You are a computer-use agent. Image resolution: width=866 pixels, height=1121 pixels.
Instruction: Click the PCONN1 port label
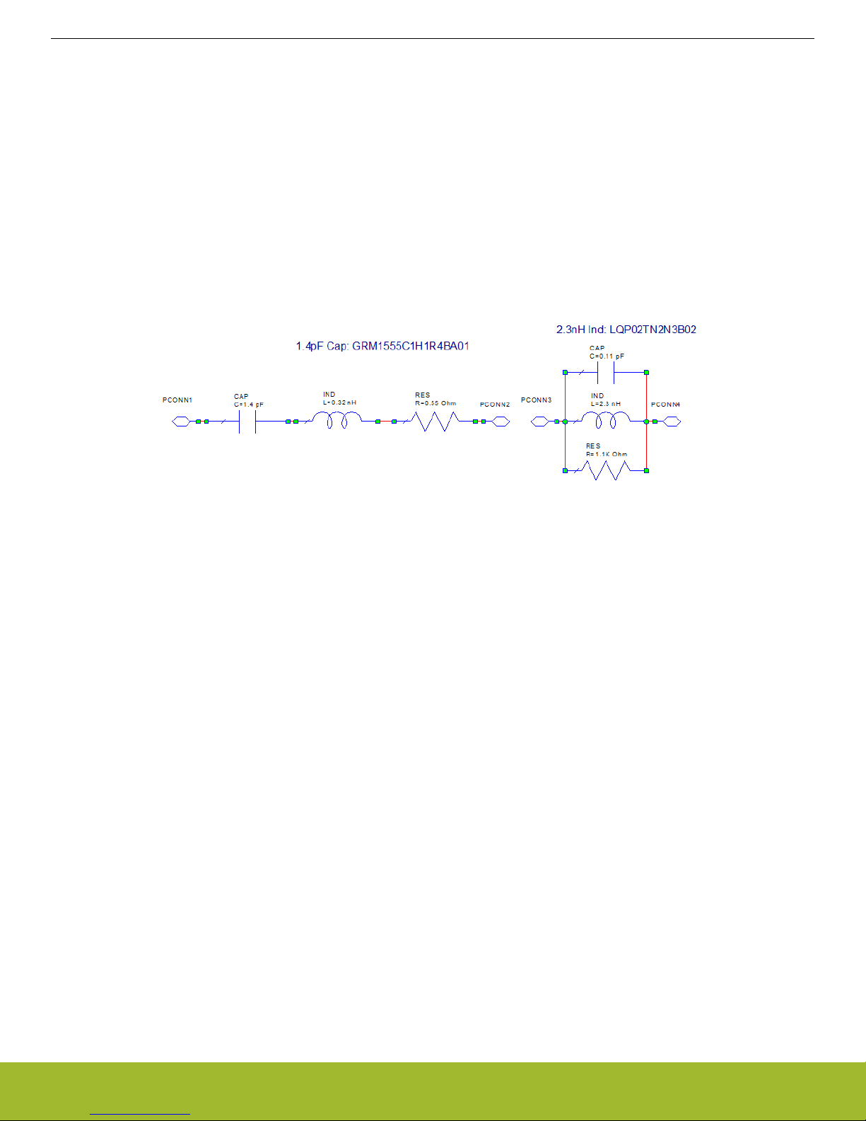click(x=177, y=400)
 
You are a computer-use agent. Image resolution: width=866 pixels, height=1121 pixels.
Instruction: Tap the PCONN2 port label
click(x=495, y=405)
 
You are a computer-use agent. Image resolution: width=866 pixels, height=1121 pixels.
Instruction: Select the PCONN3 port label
click(x=536, y=400)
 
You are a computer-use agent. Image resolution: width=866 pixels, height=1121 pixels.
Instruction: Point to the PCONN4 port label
click(x=665, y=405)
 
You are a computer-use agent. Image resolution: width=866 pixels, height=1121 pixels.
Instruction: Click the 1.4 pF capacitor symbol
click(x=247, y=422)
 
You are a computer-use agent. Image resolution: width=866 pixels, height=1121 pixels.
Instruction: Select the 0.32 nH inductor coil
click(x=337, y=421)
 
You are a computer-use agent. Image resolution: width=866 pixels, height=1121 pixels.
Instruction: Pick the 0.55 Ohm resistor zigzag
click(x=434, y=422)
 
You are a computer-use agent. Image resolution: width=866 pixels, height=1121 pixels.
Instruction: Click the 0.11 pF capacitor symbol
click(x=606, y=372)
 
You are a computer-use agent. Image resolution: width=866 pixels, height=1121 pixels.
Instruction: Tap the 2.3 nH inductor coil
click(x=606, y=421)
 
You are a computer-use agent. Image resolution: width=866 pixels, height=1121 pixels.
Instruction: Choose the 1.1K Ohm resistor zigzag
click(x=604, y=470)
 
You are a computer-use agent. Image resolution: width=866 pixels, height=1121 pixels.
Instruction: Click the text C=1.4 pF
click(x=249, y=405)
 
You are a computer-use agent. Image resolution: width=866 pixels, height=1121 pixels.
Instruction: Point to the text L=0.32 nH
click(x=339, y=403)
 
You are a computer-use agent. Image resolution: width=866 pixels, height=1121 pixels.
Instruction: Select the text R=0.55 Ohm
click(x=435, y=403)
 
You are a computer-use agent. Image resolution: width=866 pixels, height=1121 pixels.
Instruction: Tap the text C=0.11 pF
click(x=607, y=356)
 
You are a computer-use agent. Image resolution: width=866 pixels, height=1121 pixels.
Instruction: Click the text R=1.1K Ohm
click(x=606, y=454)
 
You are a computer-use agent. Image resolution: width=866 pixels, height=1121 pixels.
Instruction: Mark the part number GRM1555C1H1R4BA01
click(x=411, y=347)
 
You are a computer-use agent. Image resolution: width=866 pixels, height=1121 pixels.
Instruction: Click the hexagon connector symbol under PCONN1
click(x=180, y=422)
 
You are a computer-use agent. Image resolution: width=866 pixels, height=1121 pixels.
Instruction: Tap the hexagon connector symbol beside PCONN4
click(x=672, y=422)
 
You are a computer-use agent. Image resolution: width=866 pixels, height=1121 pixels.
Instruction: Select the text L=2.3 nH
click(x=606, y=404)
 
